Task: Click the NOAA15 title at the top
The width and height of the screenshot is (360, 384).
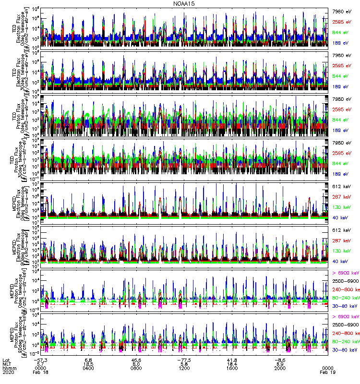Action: coord(184,3)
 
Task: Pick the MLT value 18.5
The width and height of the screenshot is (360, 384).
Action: coord(88,363)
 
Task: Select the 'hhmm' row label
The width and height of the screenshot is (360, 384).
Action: coord(9,367)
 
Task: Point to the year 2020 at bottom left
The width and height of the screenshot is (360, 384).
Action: coord(8,372)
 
